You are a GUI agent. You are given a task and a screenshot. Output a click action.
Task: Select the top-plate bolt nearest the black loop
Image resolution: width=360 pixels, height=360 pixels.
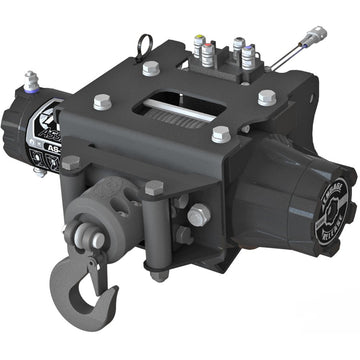[x=150, y=68]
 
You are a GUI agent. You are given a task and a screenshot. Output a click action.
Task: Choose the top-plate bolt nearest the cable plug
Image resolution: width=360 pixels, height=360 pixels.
[x=266, y=97]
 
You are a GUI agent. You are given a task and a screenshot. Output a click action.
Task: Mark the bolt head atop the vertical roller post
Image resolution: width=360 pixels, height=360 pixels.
[x=154, y=187]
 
